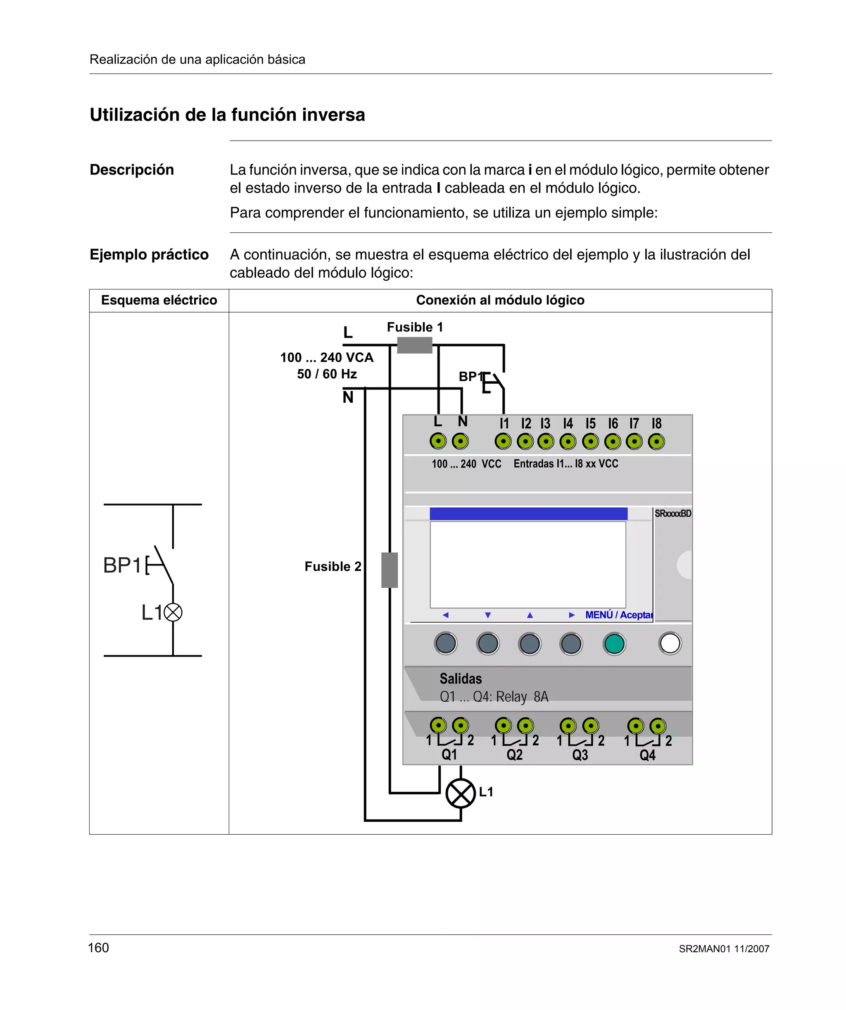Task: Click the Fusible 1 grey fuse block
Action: coord(414,345)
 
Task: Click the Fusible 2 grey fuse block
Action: coord(390,570)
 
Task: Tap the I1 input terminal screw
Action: coord(503,441)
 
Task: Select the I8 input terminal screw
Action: coord(656,441)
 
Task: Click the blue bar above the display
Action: coord(528,513)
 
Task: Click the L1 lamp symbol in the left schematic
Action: coord(173,612)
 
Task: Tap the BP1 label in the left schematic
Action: coord(122,565)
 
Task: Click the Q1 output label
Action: coord(449,755)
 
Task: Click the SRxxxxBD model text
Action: coord(673,513)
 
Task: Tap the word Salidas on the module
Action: coord(461,678)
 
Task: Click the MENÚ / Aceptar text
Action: coord(619,615)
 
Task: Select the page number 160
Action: coord(99,948)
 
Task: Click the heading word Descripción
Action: coord(132,170)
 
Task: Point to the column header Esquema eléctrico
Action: coord(159,300)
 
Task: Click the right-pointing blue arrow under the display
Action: coord(572,615)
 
